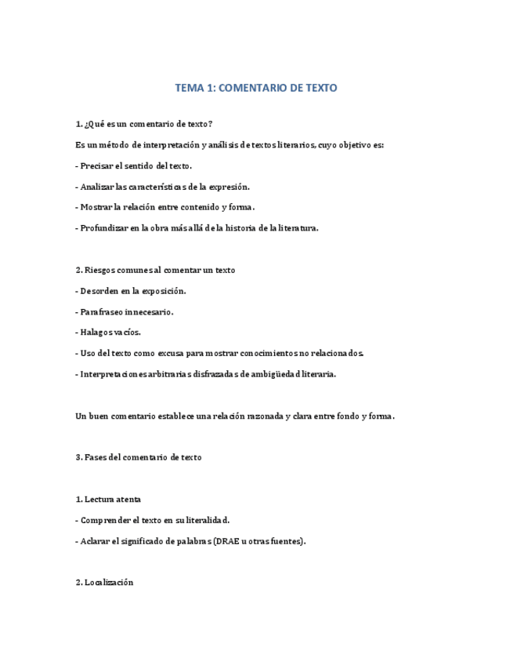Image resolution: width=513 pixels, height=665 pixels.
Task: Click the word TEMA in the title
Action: tap(189, 88)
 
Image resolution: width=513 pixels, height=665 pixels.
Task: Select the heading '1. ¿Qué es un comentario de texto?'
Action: tap(143, 124)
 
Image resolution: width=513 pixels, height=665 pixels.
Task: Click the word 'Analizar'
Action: tap(98, 187)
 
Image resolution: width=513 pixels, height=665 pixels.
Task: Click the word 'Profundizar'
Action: tap(105, 228)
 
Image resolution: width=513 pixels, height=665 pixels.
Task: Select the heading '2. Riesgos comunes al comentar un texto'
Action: tap(155, 270)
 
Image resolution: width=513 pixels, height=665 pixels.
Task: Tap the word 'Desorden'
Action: tap(99, 291)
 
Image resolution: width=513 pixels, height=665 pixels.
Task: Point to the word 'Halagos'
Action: tap(97, 332)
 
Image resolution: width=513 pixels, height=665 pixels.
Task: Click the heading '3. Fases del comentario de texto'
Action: tap(139, 457)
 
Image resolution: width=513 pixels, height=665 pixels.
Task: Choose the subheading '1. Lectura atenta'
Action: tap(108, 499)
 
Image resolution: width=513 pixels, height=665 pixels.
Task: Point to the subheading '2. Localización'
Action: tap(104, 582)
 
